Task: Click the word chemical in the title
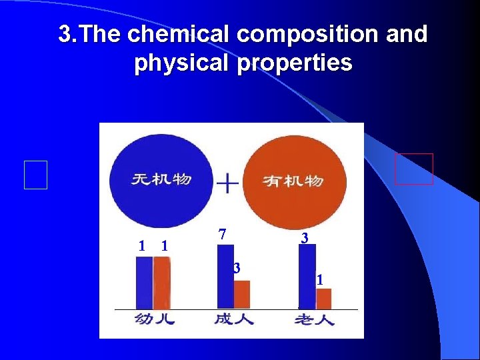171,34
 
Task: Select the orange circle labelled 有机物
294,179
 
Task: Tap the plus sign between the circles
229,183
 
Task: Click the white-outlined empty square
36,175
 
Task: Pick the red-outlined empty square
413,169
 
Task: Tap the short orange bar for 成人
242,294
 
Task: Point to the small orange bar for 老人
323,298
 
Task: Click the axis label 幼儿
154,319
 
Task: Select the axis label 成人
233,319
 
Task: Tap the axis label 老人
314,320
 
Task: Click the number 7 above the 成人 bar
223,234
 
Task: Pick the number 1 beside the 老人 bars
320,281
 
